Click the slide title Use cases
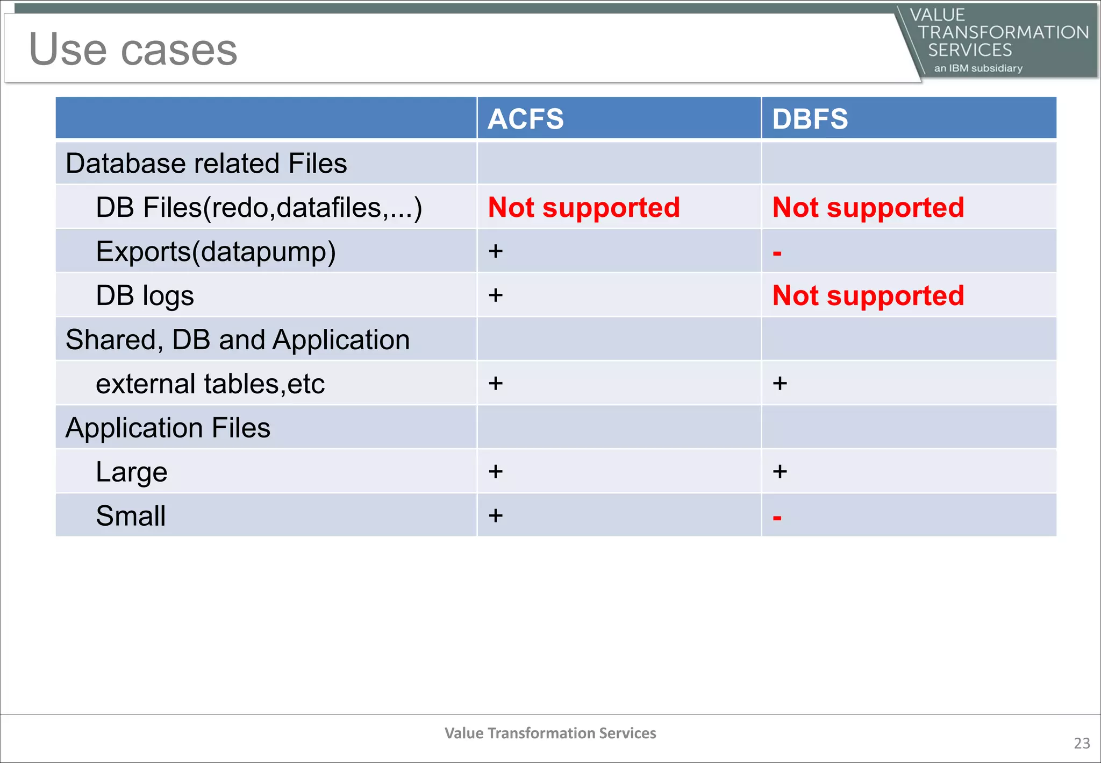click(133, 50)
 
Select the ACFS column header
click(525, 119)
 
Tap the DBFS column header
click(810, 119)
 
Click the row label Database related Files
click(206, 164)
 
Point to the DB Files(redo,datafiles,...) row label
click(259, 208)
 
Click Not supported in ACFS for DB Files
click(584, 208)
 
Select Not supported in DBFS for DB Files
click(868, 208)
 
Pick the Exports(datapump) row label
click(216, 252)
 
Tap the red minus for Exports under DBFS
click(777, 253)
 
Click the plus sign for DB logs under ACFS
click(496, 295)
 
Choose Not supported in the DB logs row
click(868, 296)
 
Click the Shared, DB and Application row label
click(237, 340)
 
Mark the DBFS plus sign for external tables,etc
click(780, 384)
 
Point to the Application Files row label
click(168, 428)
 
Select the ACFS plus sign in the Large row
click(496, 472)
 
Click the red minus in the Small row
click(777, 518)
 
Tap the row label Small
click(131, 516)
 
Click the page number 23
click(1082, 743)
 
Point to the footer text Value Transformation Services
click(550, 733)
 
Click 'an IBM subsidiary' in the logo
click(978, 68)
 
